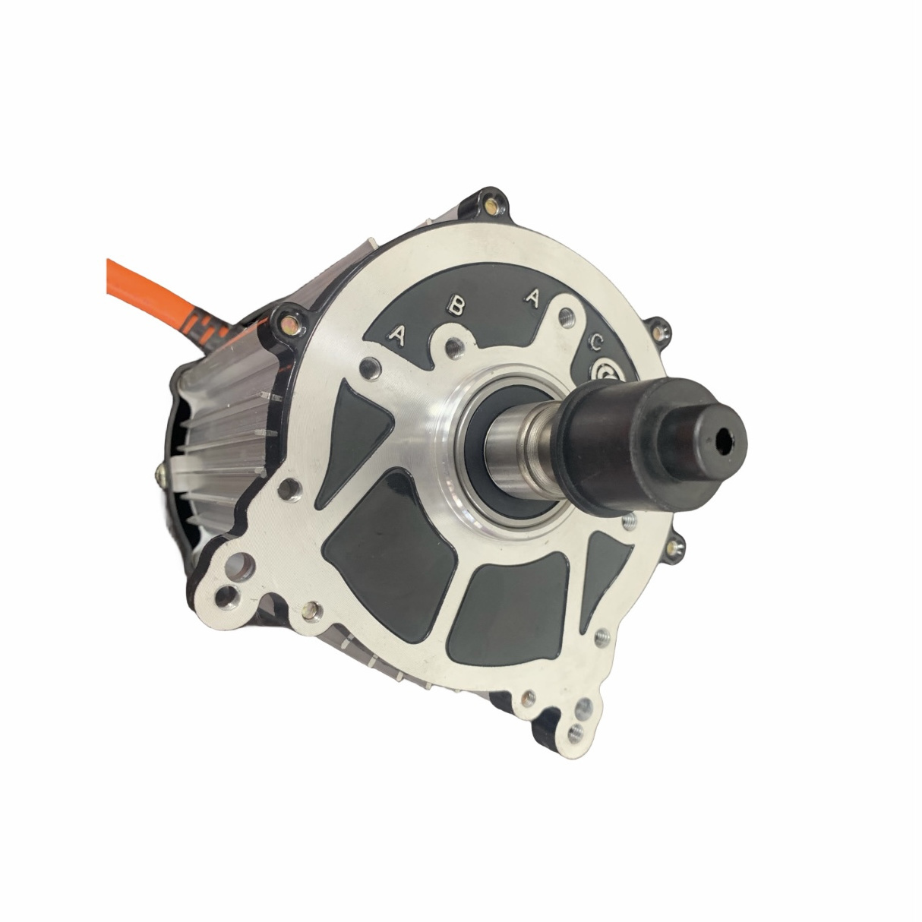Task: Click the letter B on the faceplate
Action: point(456,306)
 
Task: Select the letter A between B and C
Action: point(533,299)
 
